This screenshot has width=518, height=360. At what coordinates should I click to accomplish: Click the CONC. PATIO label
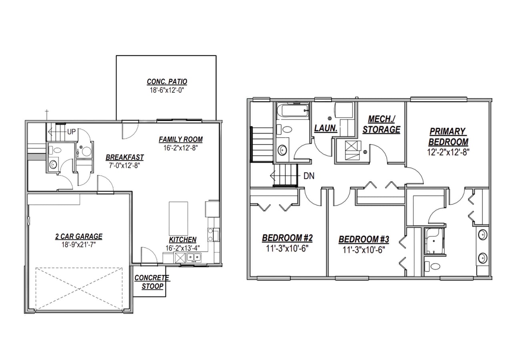click(x=167, y=82)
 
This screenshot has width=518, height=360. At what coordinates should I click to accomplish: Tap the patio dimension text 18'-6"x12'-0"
click(x=167, y=90)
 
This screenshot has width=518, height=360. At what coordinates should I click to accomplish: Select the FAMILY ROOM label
click(x=181, y=140)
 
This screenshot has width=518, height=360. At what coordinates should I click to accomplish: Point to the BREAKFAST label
click(x=124, y=157)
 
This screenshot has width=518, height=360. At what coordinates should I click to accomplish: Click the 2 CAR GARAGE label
click(x=78, y=236)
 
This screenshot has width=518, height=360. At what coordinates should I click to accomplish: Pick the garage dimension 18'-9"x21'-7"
click(x=78, y=244)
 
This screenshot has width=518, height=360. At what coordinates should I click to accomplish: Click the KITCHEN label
click(x=183, y=240)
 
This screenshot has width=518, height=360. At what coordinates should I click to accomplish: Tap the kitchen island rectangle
click(x=179, y=218)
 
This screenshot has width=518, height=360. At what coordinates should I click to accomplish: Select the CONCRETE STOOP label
click(x=152, y=282)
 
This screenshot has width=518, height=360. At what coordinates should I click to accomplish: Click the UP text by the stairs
click(x=72, y=132)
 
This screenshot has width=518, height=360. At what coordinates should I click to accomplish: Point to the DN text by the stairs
click(x=308, y=176)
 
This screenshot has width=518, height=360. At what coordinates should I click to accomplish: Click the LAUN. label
click(x=326, y=129)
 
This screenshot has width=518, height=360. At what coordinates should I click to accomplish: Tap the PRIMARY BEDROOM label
click(x=448, y=136)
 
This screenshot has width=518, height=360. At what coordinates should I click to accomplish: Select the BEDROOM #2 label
click(x=287, y=238)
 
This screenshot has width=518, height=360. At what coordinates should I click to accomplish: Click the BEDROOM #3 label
click(x=364, y=240)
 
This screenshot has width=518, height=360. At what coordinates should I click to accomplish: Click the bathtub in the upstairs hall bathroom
click(x=293, y=110)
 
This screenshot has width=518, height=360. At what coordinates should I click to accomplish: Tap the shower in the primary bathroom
click(x=434, y=241)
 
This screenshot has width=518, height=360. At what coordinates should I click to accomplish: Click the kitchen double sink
click(x=194, y=257)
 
